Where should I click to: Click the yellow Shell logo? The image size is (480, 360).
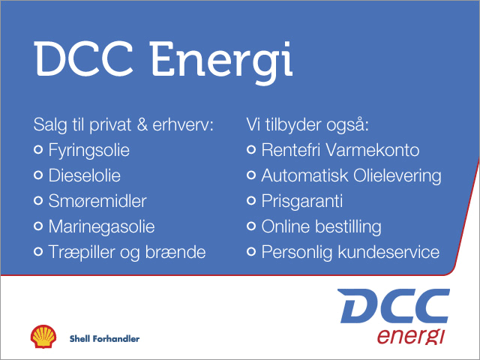43,337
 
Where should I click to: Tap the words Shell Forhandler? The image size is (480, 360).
104,338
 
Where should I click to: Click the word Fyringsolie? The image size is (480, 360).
88,151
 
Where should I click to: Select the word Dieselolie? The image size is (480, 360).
85,175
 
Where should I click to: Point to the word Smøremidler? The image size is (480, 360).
97,201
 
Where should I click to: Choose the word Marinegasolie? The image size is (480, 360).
102,227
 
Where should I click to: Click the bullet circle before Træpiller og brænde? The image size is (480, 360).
38,252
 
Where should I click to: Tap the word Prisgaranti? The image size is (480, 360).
301,202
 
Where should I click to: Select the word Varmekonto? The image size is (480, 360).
372,150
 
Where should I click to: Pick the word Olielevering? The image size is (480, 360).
397,176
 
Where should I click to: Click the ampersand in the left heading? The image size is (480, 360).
142,124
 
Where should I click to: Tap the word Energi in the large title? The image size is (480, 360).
221,62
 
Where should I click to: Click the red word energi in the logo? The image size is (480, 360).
410,337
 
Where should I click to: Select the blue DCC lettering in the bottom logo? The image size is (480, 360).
393,305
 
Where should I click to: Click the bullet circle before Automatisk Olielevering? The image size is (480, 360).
251,175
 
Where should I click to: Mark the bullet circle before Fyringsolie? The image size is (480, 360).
38,150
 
